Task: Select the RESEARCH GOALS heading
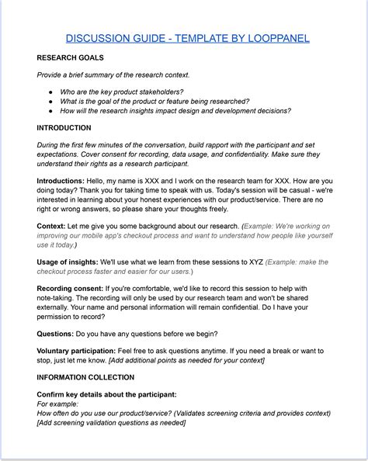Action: coord(71,57)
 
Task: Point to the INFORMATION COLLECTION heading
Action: coord(85,377)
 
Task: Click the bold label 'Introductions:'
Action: coord(62,179)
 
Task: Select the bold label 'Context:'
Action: coord(52,226)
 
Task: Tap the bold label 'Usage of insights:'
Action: coord(72,262)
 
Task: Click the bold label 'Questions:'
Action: coord(55,334)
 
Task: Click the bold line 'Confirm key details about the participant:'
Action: coord(106,394)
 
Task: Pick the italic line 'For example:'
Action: coord(59,404)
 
